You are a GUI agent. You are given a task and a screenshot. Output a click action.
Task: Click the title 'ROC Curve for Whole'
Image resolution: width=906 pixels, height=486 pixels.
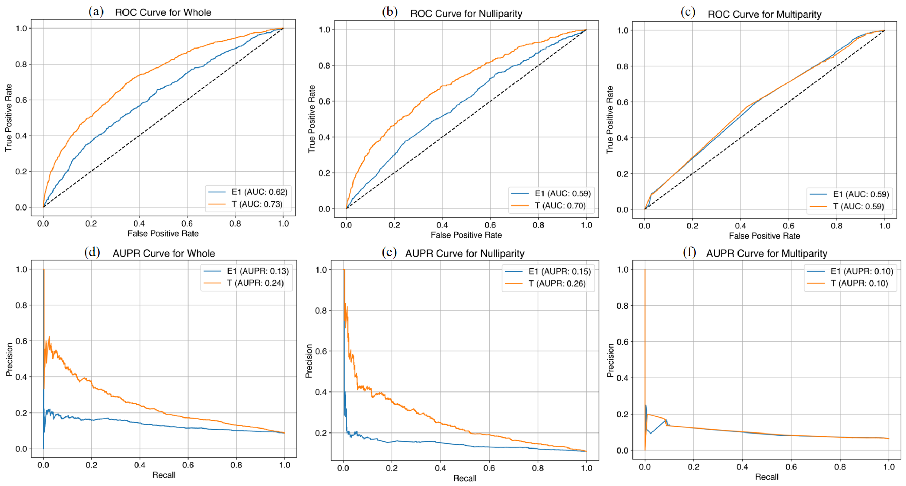163,13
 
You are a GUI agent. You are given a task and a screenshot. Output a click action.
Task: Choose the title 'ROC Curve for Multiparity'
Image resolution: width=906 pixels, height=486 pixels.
764,14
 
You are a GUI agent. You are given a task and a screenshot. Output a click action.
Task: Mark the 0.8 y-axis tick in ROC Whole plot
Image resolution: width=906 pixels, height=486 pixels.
21,64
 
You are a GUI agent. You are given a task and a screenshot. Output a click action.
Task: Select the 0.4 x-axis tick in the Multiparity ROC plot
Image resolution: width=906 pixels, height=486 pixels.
740,226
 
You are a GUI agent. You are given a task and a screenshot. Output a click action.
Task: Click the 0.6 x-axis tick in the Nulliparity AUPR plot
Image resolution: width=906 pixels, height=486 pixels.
489,468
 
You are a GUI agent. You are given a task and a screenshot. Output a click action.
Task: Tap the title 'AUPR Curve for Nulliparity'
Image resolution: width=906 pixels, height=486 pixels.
465,254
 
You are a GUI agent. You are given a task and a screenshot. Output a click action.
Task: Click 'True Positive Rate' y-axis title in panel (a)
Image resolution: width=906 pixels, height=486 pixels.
9,118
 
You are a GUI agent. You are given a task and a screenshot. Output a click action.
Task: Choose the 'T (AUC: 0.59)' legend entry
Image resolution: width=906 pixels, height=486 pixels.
858,206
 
